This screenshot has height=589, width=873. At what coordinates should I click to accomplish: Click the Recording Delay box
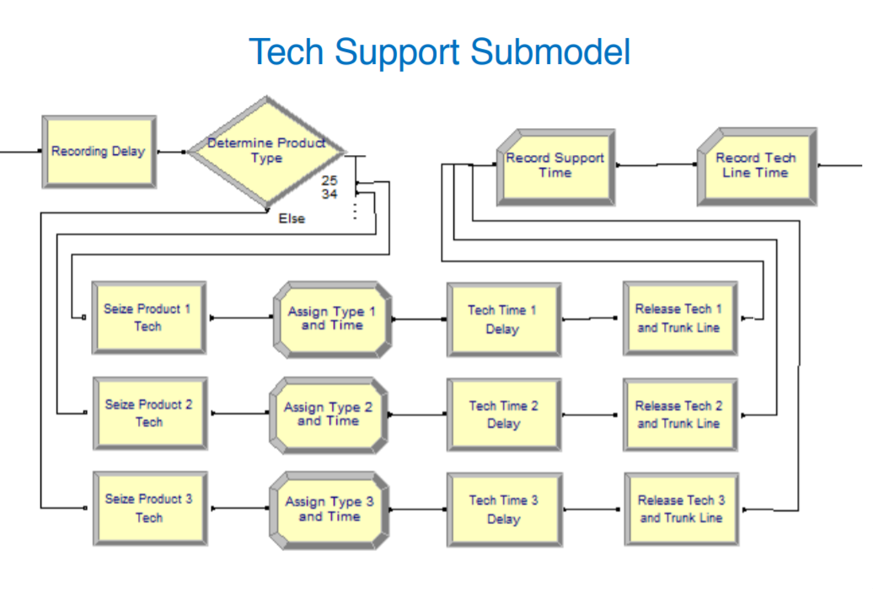(99, 152)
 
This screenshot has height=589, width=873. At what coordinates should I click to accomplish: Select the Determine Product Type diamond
(267, 152)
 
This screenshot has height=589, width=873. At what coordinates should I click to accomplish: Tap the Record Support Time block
(555, 167)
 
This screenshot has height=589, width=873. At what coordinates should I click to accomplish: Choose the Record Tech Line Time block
(758, 167)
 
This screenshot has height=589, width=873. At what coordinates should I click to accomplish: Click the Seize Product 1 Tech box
(148, 318)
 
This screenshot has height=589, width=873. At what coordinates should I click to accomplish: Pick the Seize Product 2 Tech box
(150, 413)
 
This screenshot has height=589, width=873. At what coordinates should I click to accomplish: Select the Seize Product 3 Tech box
(150, 508)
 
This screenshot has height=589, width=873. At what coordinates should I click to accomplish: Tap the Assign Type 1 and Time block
(332, 319)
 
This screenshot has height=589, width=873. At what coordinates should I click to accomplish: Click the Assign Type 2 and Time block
(329, 415)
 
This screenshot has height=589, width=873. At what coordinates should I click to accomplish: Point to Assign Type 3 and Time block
(329, 510)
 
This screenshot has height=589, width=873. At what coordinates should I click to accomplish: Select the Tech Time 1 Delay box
(504, 319)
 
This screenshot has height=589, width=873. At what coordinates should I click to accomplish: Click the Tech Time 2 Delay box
(504, 415)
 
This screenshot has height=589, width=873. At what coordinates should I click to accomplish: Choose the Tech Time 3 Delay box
(505, 510)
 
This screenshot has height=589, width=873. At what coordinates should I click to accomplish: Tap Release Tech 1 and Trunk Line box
(680, 318)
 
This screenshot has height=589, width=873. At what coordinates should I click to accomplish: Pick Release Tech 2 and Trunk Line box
(680, 415)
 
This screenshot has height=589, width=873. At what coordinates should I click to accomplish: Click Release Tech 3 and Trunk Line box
(682, 509)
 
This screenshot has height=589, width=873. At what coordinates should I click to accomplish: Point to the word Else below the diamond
(292, 219)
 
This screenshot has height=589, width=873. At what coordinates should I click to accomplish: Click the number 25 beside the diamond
(329, 180)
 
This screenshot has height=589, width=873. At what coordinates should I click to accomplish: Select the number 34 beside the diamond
(329, 194)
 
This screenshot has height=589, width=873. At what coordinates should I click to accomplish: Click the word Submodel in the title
(550, 51)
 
